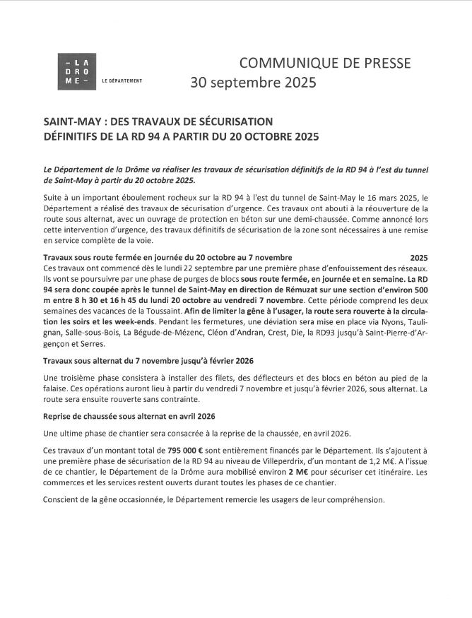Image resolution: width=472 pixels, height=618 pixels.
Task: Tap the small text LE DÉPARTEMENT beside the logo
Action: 123,81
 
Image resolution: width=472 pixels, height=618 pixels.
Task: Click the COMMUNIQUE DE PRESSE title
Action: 324,63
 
